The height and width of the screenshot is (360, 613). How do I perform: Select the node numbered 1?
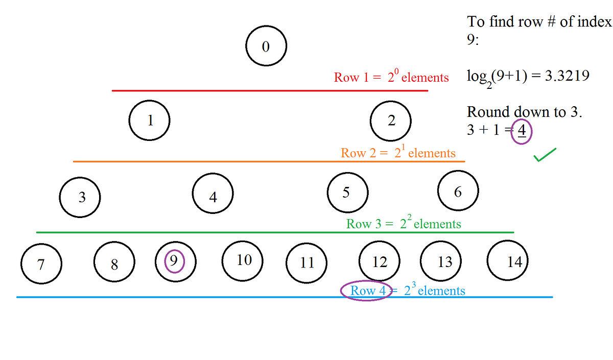150,121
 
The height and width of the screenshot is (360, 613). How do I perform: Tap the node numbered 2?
391,121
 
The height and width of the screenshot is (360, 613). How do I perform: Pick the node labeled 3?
80,198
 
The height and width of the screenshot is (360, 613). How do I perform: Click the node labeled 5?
347,193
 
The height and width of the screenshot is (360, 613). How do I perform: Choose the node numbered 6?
458,191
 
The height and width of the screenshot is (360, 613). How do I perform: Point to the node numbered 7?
41,264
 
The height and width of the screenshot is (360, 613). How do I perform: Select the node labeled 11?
306,262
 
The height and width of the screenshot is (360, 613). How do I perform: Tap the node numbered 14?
508,261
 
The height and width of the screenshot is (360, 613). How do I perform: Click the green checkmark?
545,155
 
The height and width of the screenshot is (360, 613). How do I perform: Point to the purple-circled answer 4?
522,131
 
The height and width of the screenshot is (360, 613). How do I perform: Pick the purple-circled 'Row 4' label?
366,291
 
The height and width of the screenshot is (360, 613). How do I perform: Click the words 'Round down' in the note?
503,112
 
